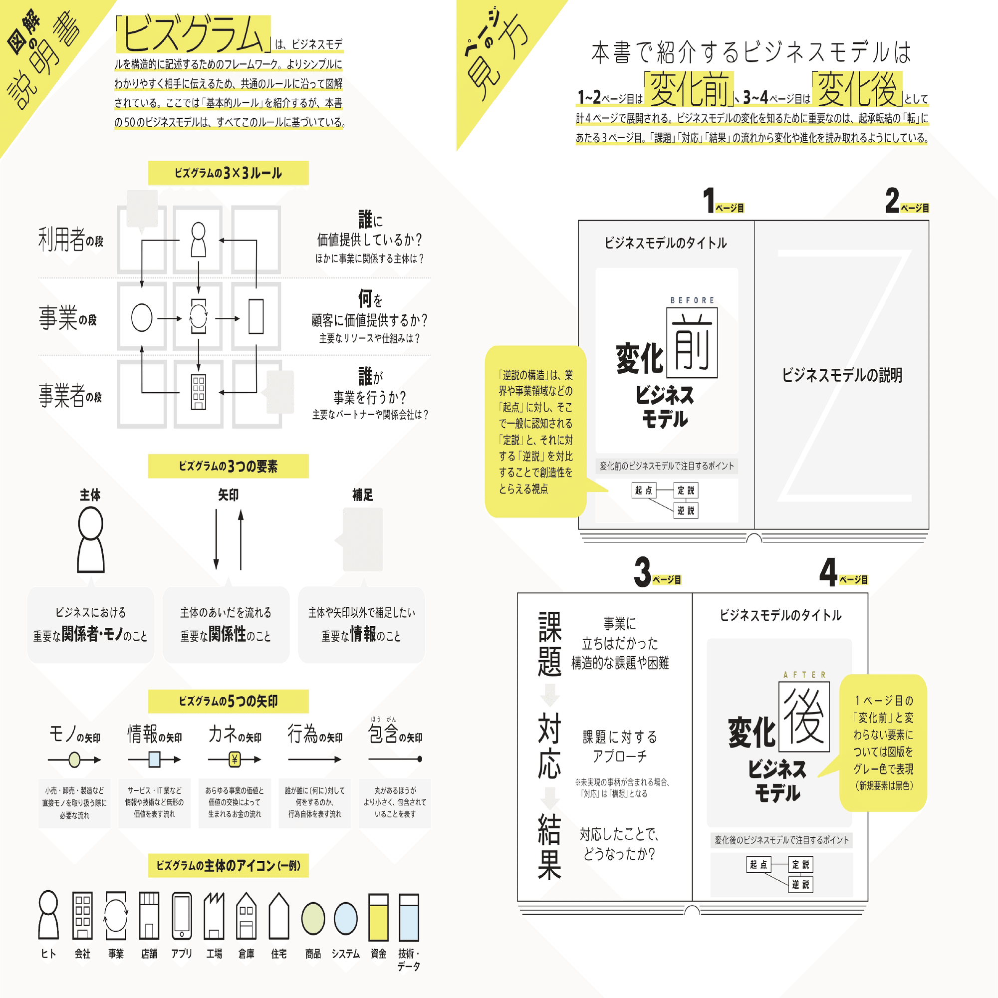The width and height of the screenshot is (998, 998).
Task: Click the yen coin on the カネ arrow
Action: pos(235,759)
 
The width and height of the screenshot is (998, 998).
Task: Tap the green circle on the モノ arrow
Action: pos(75,759)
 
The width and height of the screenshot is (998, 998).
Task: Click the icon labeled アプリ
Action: pos(182,916)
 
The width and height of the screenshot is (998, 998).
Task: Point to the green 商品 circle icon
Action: pos(313,919)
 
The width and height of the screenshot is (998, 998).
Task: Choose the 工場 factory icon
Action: pos(214,916)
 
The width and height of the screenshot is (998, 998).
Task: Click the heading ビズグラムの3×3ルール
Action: pos(229,173)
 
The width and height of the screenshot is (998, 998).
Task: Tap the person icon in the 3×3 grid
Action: pos(199,239)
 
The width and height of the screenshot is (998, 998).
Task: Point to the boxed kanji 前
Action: pos(692,343)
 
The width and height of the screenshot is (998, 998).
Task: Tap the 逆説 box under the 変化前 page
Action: pos(686,510)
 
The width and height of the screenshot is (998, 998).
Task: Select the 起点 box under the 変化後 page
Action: pos(758,865)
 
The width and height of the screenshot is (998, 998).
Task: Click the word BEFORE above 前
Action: pos(692,300)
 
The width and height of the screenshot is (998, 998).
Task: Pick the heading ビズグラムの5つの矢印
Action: pos(229,701)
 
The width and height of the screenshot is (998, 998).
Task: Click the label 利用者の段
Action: pos(70,240)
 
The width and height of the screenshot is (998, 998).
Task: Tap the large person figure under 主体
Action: pos(91,539)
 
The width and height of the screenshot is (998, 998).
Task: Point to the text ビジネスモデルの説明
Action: pos(842,375)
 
